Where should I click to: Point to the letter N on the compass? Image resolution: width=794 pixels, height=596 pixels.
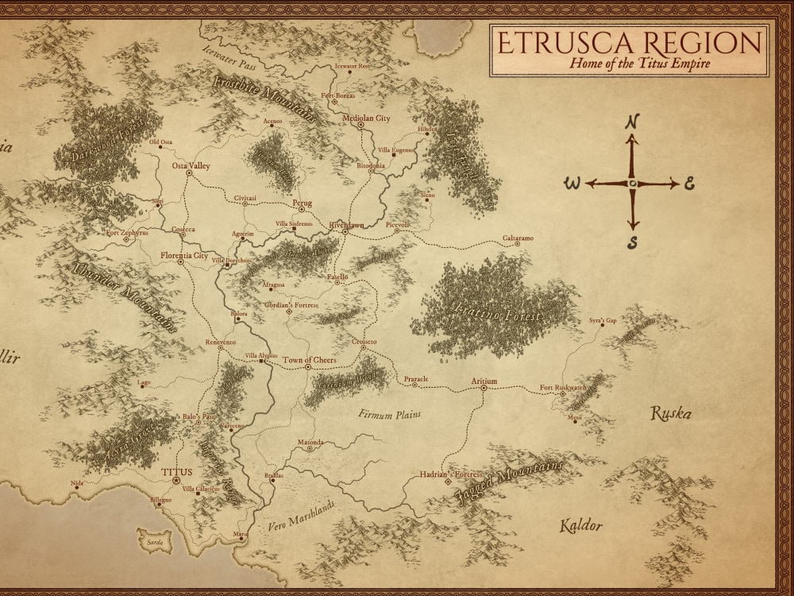coord(633,122)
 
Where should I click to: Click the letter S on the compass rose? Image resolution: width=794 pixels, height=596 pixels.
coord(633,241)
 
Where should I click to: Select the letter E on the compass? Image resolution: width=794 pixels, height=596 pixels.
coord(690,184)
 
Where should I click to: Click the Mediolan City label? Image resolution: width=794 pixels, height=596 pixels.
coord(366,118)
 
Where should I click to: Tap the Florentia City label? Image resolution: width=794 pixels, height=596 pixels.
coord(184,256)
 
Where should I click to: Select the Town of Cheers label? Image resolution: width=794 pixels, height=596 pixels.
coord(310,360)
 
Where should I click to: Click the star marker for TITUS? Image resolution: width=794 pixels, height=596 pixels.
coord(176,482)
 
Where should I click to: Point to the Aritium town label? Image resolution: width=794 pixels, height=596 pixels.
coord(484,381)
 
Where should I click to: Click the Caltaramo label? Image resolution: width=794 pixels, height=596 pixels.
coord(518,238)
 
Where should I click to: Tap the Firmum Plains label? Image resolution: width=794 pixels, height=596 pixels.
coord(389,414)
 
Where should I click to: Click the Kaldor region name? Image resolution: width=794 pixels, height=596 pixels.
coord(580,525)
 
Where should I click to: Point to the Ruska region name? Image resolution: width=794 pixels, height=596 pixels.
coord(671,413)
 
